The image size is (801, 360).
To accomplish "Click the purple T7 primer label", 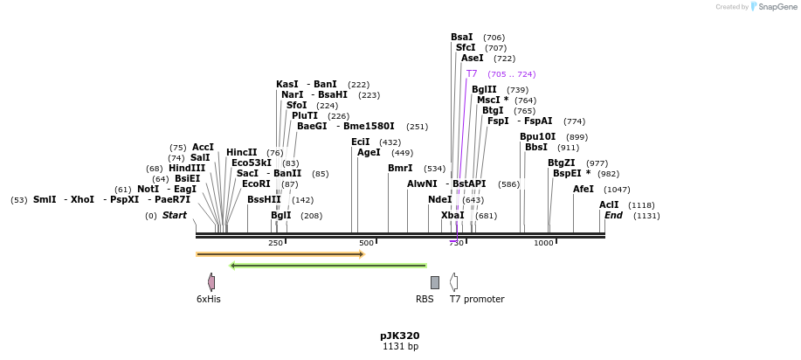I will [472, 74].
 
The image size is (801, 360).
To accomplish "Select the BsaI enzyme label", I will [462, 38].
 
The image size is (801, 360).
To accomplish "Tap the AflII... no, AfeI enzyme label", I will [583, 189].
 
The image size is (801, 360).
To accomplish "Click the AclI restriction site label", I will [609, 204].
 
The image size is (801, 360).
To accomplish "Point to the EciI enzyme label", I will [361, 142].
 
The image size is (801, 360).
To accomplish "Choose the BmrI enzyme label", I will [400, 168].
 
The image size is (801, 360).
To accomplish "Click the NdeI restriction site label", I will [440, 199].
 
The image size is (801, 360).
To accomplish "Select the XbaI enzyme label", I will [452, 215].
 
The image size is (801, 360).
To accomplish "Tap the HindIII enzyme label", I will [187, 168].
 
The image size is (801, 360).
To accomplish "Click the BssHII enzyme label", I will [264, 199].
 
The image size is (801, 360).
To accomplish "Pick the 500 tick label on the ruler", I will [366, 243].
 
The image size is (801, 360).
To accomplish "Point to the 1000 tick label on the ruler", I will [543, 243].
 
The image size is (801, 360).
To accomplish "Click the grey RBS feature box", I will [435, 282].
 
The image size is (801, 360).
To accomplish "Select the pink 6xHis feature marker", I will [211, 281].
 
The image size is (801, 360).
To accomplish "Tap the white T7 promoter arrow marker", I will [453, 281].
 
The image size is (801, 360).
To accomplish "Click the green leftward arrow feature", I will [328, 266].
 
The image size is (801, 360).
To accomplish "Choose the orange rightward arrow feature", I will [280, 254].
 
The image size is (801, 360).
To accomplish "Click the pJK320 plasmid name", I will [400, 336].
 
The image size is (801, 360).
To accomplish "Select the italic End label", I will [613, 215].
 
